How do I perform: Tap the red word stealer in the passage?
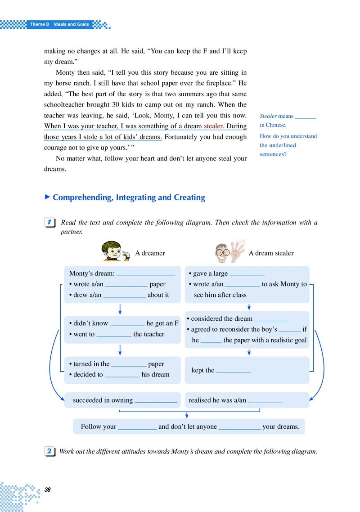[213, 126]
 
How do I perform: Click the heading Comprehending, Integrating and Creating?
[129, 198]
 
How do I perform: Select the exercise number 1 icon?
[50, 223]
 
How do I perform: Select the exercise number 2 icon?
[50, 451]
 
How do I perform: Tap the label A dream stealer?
[271, 253]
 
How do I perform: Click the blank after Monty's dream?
[145, 274]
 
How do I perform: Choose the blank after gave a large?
[247, 274]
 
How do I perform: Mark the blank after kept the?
[233, 371]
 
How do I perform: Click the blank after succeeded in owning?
[156, 400]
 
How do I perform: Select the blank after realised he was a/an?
[265, 400]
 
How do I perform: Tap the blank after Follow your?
[137, 427]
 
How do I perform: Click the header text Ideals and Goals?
[71, 24]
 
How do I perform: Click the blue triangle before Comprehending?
[47, 197]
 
